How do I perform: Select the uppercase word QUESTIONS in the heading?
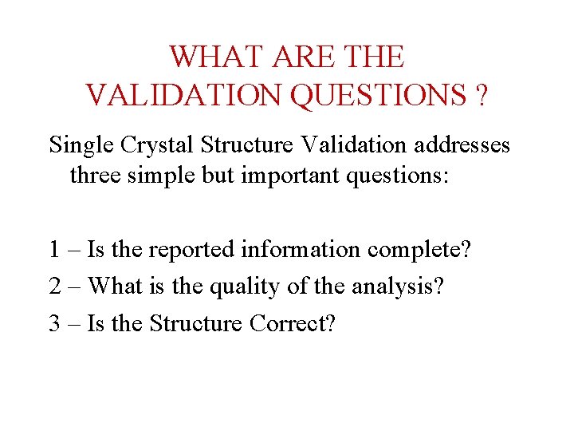tap(379, 95)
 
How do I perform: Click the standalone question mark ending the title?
tap(481, 95)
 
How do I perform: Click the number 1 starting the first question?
tap(53, 250)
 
